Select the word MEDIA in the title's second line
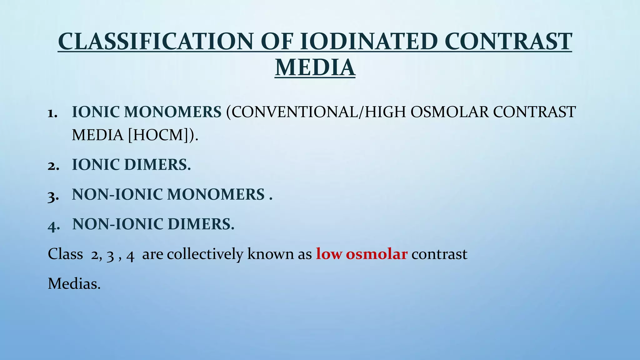315,68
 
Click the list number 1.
53,113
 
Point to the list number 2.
53,166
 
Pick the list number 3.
53,195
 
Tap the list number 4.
53,225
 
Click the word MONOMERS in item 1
172,112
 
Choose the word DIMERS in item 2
157,165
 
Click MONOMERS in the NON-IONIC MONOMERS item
216,194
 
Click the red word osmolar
377,254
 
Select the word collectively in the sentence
205,254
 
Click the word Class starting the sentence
65,254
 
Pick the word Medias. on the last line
74,284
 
